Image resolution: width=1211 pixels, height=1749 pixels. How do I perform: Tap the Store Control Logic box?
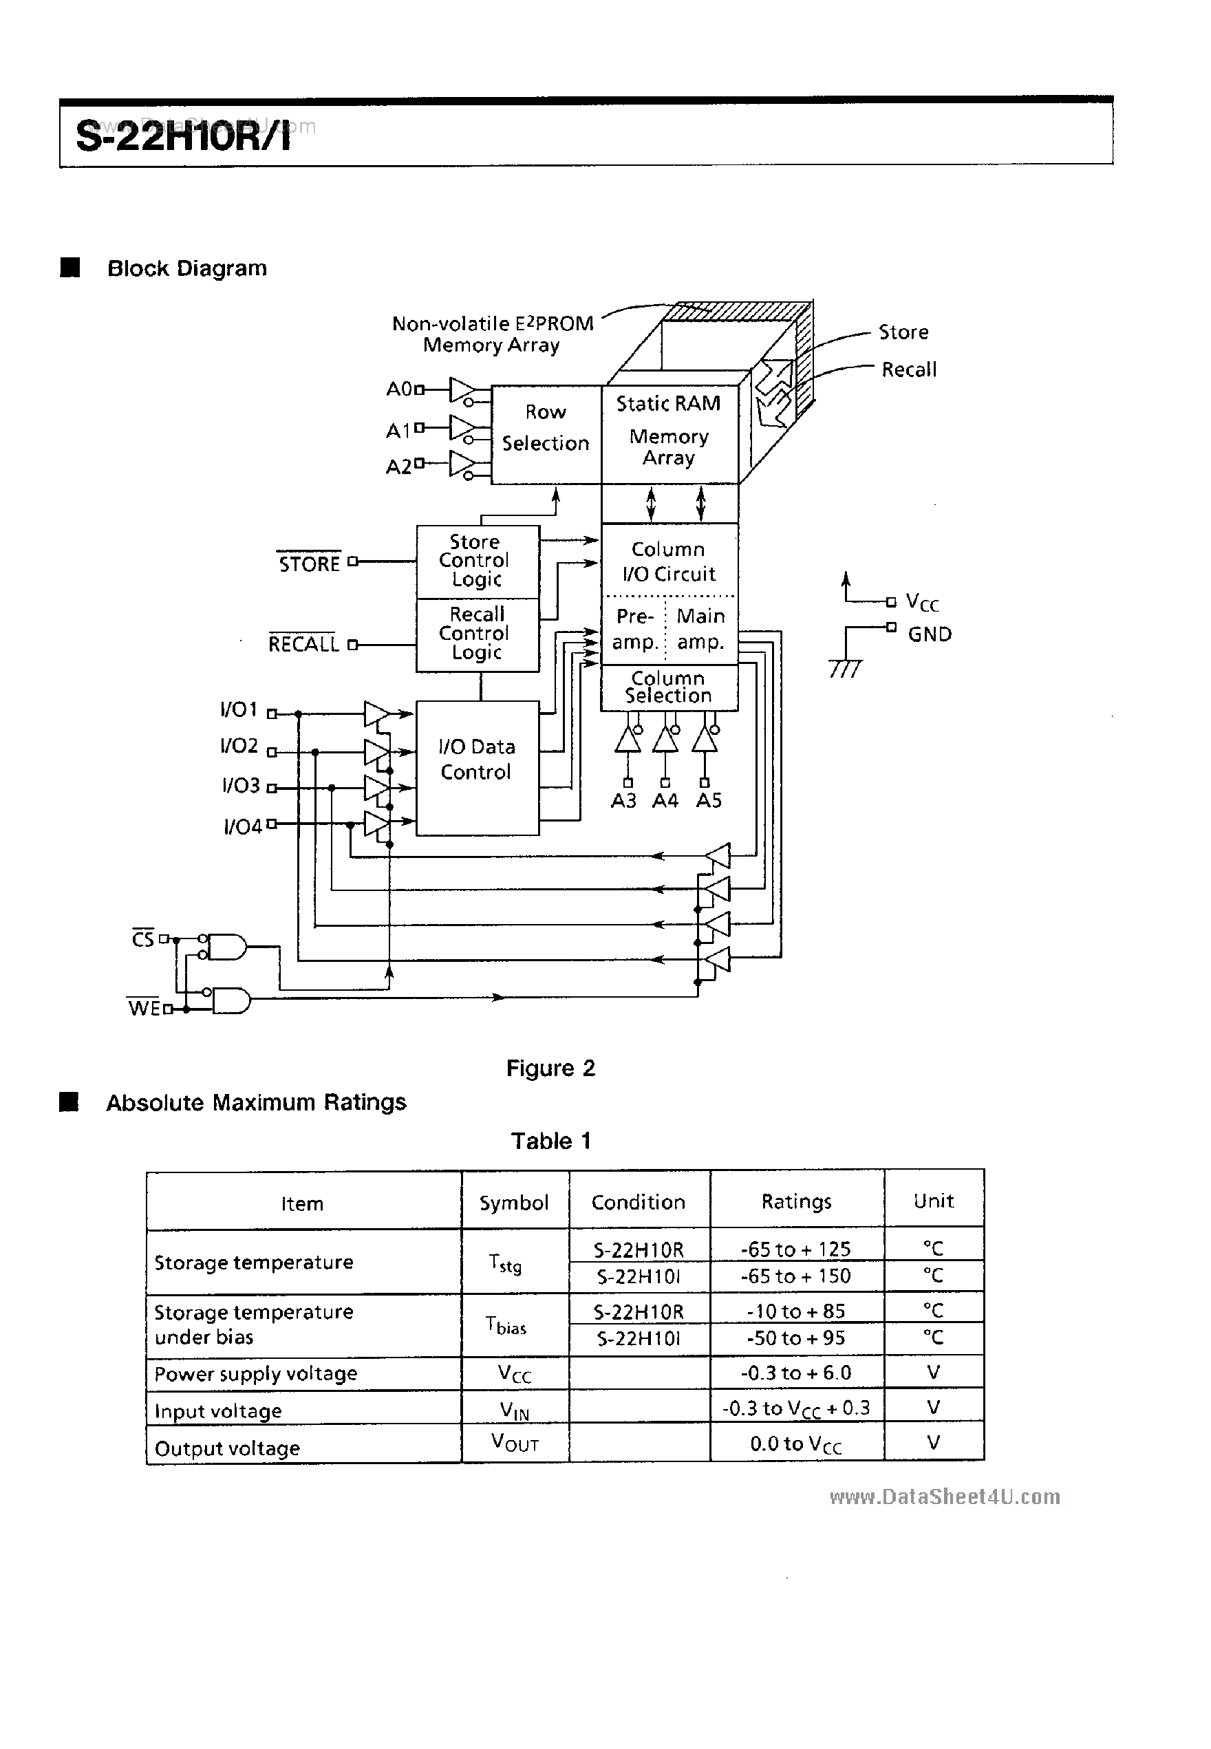click(x=478, y=561)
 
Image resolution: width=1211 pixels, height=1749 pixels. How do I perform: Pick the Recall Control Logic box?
click(x=478, y=634)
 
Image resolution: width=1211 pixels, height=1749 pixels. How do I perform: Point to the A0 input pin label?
click(x=399, y=389)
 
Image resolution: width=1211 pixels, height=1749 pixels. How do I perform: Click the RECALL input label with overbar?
click(x=303, y=644)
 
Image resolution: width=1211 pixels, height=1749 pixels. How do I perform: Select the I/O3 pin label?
click(x=242, y=785)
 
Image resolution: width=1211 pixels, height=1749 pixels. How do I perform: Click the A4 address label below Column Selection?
click(x=665, y=802)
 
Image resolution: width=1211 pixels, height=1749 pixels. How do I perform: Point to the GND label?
click(x=930, y=634)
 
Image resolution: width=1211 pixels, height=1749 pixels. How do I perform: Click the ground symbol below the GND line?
click(x=845, y=667)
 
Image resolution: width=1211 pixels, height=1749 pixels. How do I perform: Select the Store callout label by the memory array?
click(x=903, y=332)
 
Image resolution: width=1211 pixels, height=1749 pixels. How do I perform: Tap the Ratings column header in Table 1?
click(x=796, y=1202)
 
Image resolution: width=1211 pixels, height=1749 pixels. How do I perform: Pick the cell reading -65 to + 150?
click(x=796, y=1277)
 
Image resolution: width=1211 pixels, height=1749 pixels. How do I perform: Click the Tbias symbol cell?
click(x=507, y=1326)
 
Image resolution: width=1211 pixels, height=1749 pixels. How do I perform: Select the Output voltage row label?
click(x=228, y=1448)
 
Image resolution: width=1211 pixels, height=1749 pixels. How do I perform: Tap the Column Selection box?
click(x=669, y=687)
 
